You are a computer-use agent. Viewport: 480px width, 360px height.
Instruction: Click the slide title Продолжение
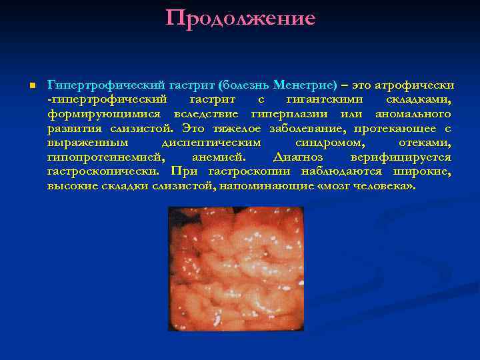pyautogui.click(x=240, y=18)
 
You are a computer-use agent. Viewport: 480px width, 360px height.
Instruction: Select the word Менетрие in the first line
pyautogui.click(x=308, y=86)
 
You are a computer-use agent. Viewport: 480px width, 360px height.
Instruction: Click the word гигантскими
pyautogui.click(x=324, y=99)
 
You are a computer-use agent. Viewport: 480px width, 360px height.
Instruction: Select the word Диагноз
pyautogui.click(x=298, y=158)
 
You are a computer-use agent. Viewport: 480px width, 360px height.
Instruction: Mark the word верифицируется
pyautogui.click(x=400, y=158)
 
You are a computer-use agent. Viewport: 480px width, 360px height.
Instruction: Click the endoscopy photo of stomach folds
pyautogui.click(x=235, y=269)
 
